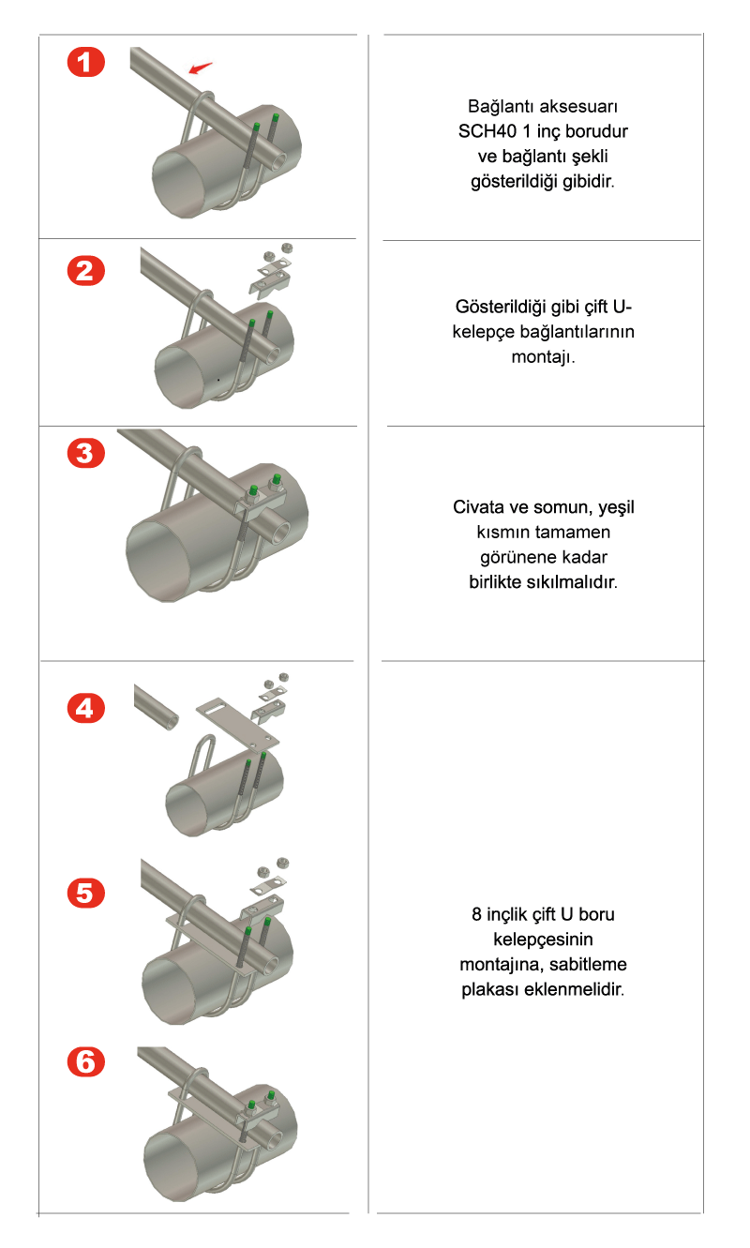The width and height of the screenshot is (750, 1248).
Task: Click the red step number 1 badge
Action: pyautogui.click(x=86, y=62)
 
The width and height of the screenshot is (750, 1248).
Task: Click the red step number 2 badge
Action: pyautogui.click(x=86, y=271)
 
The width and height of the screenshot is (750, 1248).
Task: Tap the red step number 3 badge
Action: pyautogui.click(x=86, y=453)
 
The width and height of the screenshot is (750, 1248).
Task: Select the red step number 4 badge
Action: pyautogui.click(x=86, y=708)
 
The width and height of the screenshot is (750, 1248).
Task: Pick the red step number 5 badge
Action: pyautogui.click(x=86, y=893)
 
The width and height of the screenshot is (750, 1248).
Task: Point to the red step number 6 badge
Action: pyautogui.click(x=86, y=1061)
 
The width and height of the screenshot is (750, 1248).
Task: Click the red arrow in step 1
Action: pyautogui.click(x=200, y=68)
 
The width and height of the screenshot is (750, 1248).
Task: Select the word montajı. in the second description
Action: pyautogui.click(x=543, y=356)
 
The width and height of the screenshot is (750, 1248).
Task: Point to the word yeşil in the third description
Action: pyautogui.click(x=616, y=508)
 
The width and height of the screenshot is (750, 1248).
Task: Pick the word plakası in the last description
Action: pyautogui.click(x=489, y=989)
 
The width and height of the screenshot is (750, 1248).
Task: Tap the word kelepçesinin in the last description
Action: pyautogui.click(x=543, y=940)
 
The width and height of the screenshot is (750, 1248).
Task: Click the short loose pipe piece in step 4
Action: pyautogui.click(x=156, y=706)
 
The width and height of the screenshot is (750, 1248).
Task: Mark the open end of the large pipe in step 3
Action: pyautogui.click(x=160, y=561)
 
